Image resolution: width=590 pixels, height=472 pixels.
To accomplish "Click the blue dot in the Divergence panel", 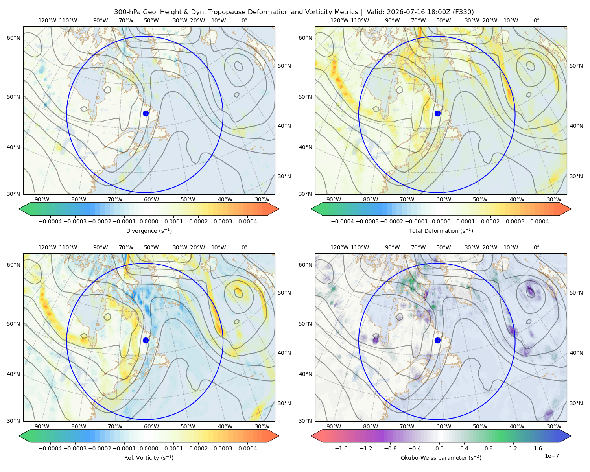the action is [146, 113].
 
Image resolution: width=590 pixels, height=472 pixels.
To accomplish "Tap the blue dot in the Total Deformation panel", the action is [437, 113].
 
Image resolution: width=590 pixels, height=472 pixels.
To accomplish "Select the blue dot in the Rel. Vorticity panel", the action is [146, 340].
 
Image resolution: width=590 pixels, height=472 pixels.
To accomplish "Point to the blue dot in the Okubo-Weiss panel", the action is [437, 340].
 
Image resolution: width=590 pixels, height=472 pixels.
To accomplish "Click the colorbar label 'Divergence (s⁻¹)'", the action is [149, 230].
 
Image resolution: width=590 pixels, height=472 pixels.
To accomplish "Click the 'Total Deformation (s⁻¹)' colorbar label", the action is [441, 230].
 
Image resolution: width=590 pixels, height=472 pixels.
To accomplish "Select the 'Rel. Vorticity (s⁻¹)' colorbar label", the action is [149, 457].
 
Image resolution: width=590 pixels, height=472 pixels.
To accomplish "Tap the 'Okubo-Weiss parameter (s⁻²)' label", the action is [441, 457].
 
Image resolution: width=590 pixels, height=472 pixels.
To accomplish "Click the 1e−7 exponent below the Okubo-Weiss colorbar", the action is [551, 456].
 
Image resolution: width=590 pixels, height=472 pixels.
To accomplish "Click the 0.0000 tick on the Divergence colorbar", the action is [149, 221].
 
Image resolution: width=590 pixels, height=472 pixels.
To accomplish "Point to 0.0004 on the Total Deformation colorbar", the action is [539, 221].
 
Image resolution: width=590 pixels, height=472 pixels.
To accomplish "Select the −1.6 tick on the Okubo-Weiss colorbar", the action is [341, 448].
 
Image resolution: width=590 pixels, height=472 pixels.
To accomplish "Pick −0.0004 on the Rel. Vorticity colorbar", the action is [50, 448].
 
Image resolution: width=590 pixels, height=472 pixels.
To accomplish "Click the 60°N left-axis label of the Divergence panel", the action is [13, 38].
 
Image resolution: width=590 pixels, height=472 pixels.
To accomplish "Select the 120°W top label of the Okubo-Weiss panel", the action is [339, 247].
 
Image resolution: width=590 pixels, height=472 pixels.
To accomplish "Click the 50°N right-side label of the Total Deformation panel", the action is [576, 66].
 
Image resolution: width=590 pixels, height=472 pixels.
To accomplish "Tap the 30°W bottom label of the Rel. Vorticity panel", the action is [262, 426].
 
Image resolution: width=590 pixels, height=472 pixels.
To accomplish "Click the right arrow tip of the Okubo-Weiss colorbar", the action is [571, 436].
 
